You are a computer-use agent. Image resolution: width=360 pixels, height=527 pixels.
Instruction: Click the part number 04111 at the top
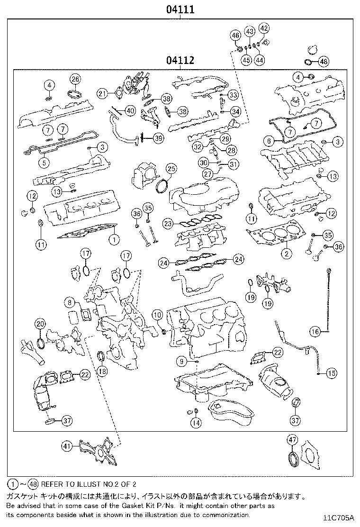[180, 9]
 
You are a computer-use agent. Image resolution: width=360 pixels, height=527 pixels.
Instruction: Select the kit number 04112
[180, 61]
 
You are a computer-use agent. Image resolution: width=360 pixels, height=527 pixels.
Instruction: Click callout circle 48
[323, 62]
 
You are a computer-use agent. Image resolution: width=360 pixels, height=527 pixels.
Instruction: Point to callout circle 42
[264, 28]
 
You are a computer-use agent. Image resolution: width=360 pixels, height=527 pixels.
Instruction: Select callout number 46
[235, 35]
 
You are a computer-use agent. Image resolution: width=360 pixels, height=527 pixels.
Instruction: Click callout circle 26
[75, 79]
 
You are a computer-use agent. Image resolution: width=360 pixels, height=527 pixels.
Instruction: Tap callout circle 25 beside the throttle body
[171, 169]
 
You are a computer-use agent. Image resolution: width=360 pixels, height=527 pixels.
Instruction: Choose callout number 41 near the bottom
[67, 445]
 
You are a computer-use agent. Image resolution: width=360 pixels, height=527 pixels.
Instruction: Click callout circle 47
[292, 440]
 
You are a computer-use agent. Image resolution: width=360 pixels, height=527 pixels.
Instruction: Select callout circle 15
[331, 373]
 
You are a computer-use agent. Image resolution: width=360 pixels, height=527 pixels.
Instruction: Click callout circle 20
[40, 324]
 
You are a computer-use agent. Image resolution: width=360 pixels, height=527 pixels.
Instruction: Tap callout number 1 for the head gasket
[114, 239]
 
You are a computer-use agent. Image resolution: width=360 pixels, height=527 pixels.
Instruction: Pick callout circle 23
[167, 223]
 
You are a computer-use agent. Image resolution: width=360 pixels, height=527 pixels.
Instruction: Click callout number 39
[158, 138]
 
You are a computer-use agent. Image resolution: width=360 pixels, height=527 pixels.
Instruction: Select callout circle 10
[157, 314]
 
